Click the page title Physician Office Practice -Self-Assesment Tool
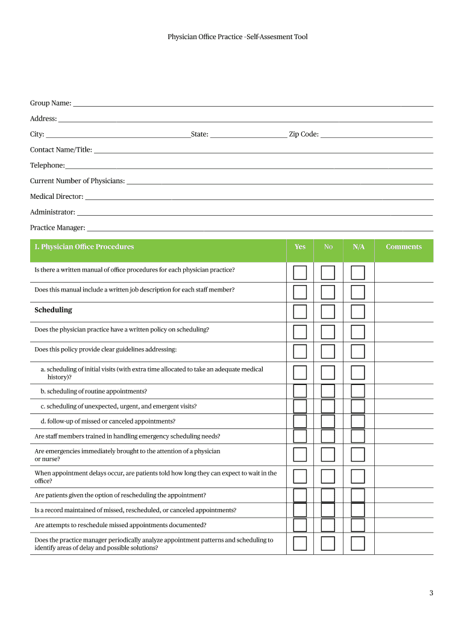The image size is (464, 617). [x=237, y=37]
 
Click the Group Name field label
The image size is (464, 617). [x=51, y=103]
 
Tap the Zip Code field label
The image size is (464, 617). [x=304, y=134]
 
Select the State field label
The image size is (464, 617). [x=199, y=134]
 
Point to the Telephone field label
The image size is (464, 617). [x=48, y=165]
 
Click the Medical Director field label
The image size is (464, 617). [x=57, y=196]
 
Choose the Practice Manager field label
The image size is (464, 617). [x=58, y=228]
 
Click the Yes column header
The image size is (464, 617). [x=300, y=247]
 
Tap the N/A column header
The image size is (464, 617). [x=359, y=247]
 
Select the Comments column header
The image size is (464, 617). [x=404, y=247]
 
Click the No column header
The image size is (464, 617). [x=328, y=247]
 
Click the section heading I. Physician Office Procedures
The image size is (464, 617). [x=84, y=247]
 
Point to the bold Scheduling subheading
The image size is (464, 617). [x=53, y=310]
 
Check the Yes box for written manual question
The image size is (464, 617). [x=300, y=272]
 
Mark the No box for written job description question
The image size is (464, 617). [x=328, y=292]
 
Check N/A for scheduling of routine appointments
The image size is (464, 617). [x=358, y=391]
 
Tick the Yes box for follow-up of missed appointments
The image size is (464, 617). [x=300, y=421]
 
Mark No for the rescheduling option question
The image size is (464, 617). [x=328, y=495]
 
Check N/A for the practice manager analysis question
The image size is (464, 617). [x=358, y=543]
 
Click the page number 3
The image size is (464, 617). [x=431, y=594]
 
